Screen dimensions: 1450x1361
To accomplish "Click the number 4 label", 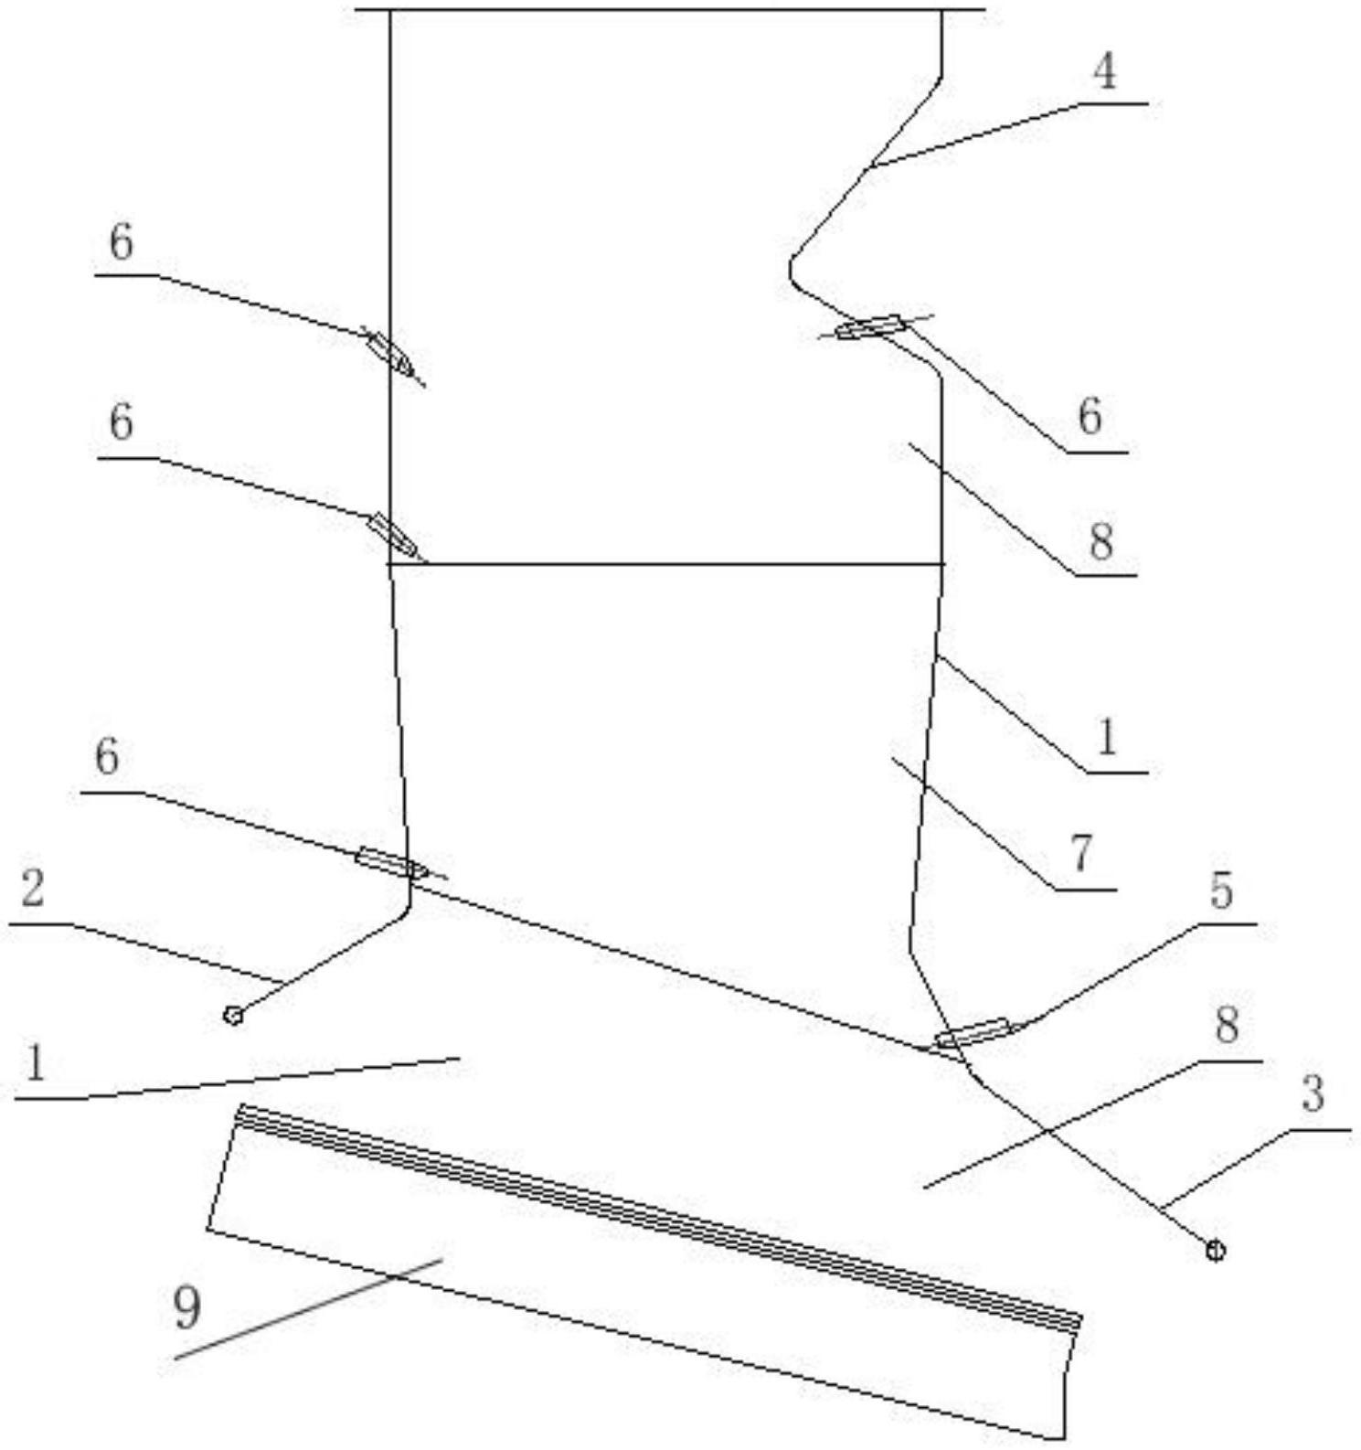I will point(1104,71).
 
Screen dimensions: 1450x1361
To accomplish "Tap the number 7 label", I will point(1081,853).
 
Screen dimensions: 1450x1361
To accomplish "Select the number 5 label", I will point(1221,890).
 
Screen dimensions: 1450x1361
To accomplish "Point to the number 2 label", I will point(33,888).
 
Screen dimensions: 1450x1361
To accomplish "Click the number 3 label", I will point(1313,1093).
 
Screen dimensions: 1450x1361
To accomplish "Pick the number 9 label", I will point(186,1308).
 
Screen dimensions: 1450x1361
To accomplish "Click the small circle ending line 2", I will point(233,1015).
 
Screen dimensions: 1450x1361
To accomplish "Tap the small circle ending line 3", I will point(1215,1250).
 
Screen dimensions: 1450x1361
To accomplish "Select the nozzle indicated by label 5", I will point(973,1033).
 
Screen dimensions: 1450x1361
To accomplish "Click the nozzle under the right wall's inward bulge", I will point(869,326).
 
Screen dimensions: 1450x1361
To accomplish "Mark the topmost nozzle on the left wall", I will point(389,351).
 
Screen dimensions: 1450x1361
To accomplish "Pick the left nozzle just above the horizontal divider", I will point(393,534).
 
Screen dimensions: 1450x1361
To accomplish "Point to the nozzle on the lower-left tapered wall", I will point(390,862).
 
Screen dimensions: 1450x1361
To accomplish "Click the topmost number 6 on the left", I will point(121,243).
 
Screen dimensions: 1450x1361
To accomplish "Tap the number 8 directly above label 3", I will point(1226,1025).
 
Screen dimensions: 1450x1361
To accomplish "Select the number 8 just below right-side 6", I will point(1101,541).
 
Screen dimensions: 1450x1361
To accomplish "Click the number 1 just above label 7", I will point(1106,737).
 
